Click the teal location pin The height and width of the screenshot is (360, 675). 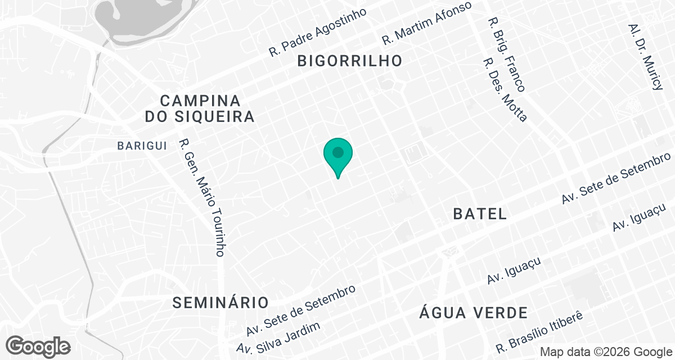click(338, 155)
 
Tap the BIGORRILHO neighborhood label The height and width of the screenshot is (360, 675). click(350, 61)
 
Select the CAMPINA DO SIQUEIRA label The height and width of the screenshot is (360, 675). click(200, 109)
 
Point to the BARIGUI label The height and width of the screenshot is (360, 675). click(142, 146)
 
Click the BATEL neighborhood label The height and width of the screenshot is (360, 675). click(480, 214)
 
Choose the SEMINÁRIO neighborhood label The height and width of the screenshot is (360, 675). click(220, 302)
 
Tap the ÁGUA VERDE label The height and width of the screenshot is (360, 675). click(474, 313)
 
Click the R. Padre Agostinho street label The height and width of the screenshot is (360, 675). click(318, 33)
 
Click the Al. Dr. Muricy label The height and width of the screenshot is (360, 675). click(646, 57)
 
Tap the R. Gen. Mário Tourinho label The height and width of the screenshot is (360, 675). click(202, 197)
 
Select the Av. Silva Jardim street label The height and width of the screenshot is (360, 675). click(279, 339)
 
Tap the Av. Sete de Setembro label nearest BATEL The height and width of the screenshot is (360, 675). click(616, 178)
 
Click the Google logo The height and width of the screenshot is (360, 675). click(39, 346)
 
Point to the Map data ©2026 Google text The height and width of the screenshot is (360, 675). click(605, 352)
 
